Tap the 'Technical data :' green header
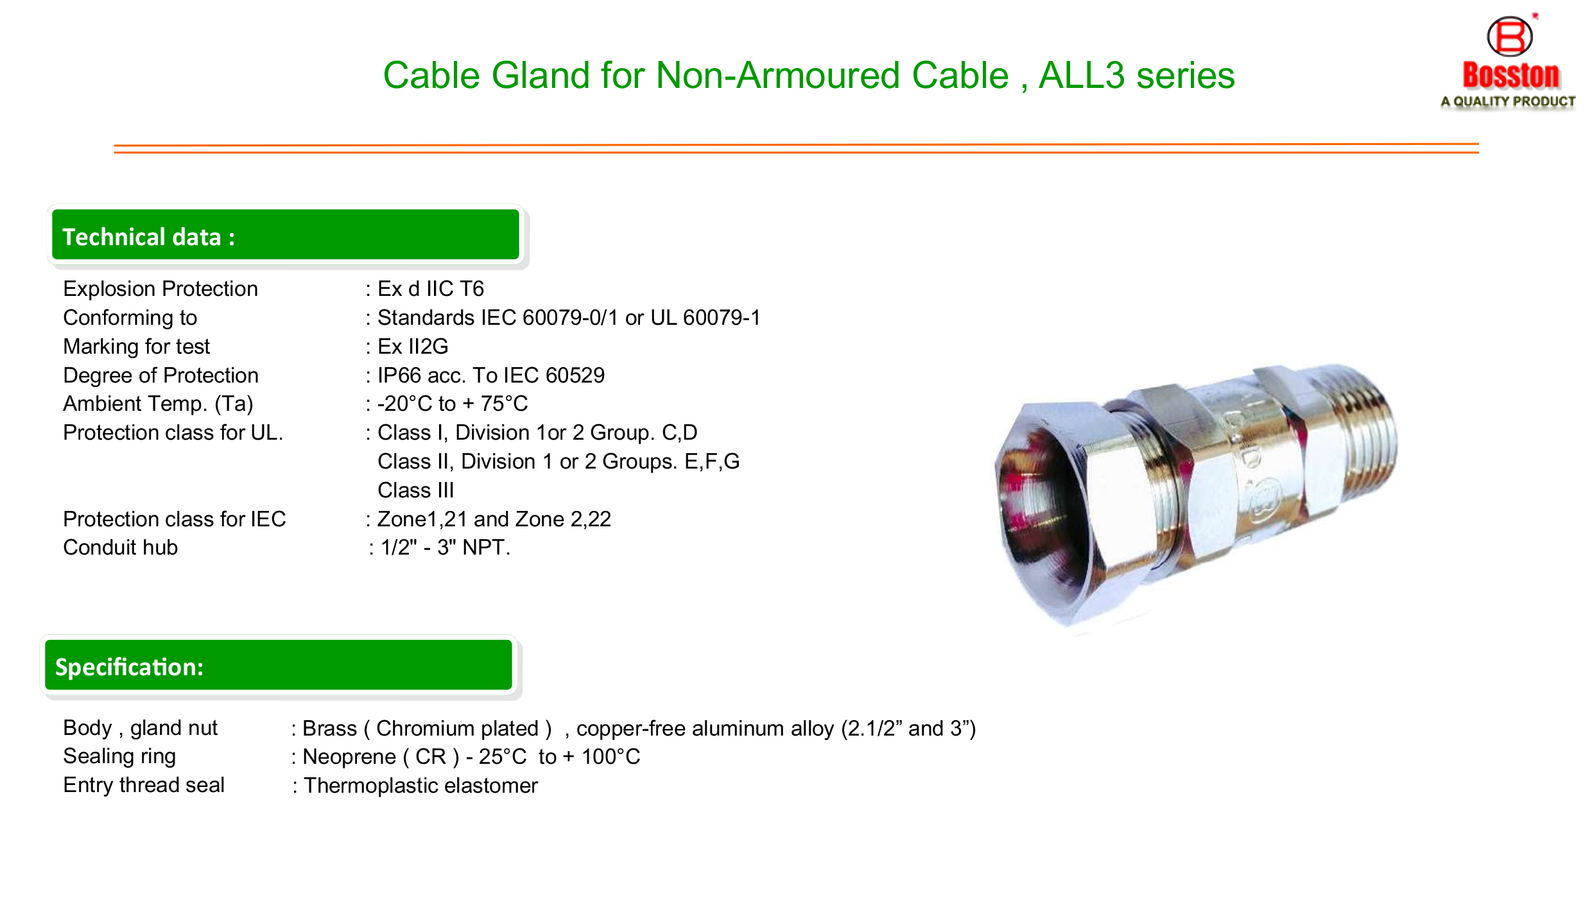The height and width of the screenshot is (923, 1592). click(285, 235)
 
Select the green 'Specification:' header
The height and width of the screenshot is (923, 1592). click(278, 665)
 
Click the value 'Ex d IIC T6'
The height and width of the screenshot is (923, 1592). click(431, 289)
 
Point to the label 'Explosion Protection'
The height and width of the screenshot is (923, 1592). click(160, 289)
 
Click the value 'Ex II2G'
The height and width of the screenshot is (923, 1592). click(413, 347)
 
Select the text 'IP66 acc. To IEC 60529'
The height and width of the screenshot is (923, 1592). click(491, 375)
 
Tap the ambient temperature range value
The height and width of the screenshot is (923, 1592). click(453, 403)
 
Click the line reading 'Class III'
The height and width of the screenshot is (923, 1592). click(416, 490)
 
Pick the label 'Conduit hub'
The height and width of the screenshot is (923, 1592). click(121, 548)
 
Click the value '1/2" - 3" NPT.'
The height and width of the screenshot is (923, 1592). click(446, 548)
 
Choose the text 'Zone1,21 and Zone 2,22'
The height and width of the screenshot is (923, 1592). click(494, 519)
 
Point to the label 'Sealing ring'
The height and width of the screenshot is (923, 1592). click(119, 756)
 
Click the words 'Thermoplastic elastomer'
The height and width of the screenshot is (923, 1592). click(420, 785)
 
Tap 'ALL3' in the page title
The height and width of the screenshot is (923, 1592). click(1082, 75)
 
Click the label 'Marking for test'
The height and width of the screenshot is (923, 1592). click(136, 347)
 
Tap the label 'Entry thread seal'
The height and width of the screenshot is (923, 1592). click(144, 785)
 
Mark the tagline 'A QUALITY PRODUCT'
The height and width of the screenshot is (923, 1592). click(1508, 101)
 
